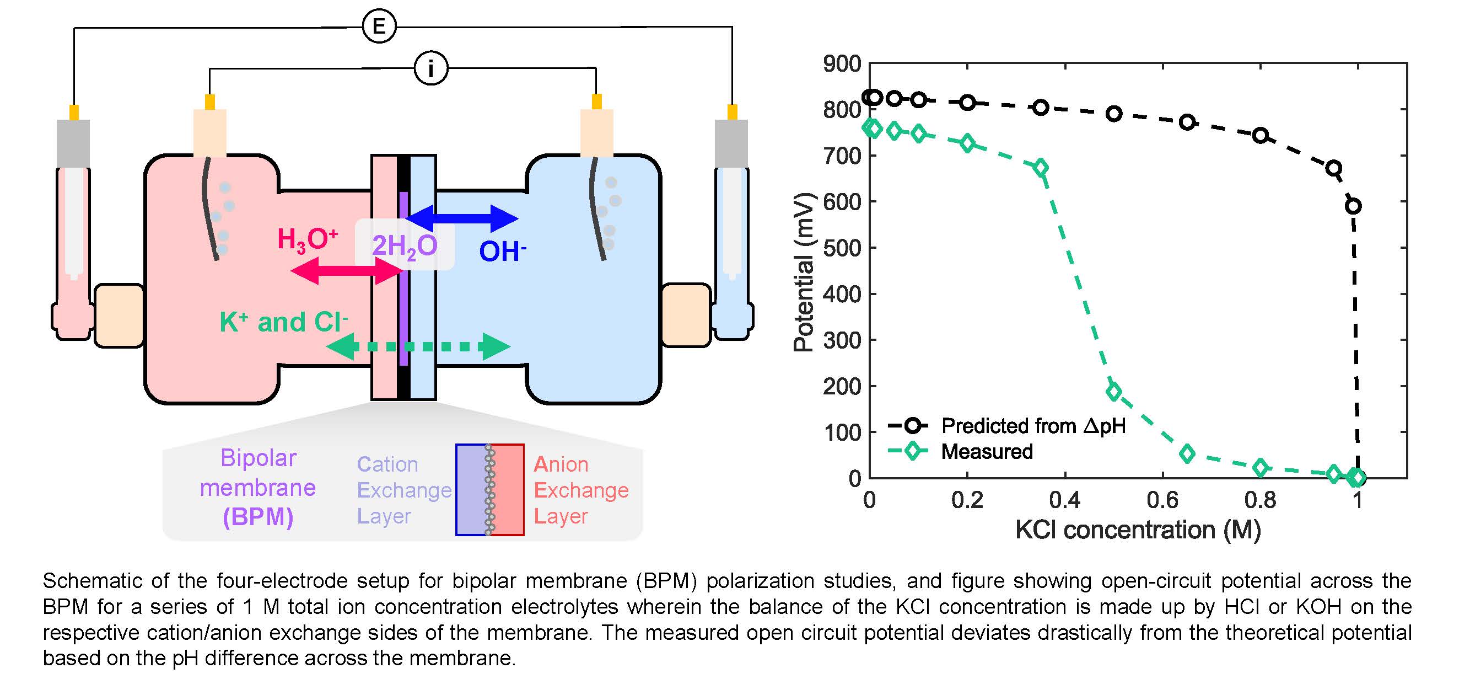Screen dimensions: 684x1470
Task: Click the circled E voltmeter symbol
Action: click(379, 26)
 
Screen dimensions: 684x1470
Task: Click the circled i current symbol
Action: click(431, 68)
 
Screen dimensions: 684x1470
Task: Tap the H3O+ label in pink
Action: click(308, 240)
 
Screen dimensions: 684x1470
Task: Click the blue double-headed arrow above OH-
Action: click(462, 218)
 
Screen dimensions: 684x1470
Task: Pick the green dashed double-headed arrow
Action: click(418, 346)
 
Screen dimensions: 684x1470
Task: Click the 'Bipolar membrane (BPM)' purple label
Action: click(258, 488)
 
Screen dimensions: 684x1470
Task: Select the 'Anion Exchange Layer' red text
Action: click(580, 490)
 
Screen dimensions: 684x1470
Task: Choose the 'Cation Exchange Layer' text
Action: click(403, 490)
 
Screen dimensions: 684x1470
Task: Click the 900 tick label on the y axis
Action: click(842, 64)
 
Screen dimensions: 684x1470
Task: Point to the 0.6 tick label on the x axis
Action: click(1162, 500)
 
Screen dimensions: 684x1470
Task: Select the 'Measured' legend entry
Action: click(987, 452)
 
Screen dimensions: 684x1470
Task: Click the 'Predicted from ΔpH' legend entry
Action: click(1033, 426)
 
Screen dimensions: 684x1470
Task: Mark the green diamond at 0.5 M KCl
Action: click(1113, 391)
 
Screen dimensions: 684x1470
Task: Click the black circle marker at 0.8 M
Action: click(1260, 136)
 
